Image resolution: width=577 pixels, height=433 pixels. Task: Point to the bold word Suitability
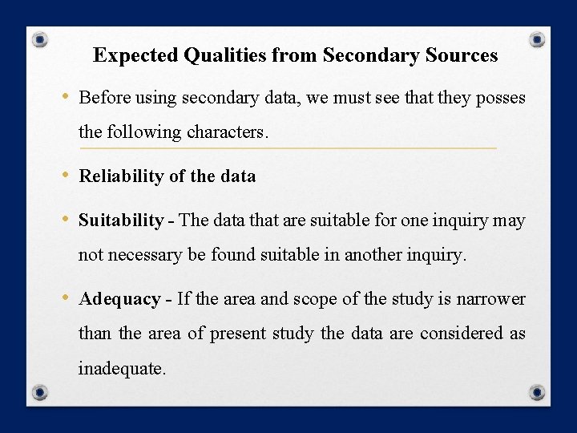(x=121, y=221)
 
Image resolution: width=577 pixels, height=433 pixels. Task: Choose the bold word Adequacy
(x=119, y=299)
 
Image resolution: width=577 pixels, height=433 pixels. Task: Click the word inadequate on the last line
(x=122, y=369)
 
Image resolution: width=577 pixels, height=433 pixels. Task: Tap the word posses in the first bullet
(x=501, y=99)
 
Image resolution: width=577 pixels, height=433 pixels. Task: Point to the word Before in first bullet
(x=105, y=99)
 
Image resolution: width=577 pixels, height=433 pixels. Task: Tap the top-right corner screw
(x=538, y=38)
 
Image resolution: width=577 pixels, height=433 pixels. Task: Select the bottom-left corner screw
(x=40, y=392)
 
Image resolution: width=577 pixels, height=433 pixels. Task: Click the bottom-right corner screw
(x=538, y=392)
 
